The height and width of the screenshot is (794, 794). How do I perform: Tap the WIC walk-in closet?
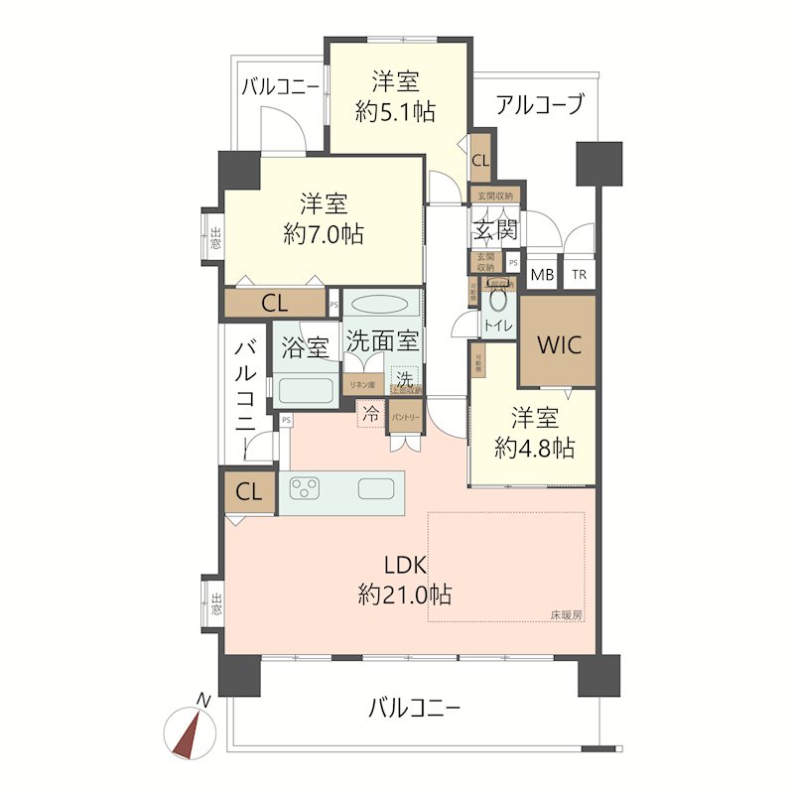pos(558,344)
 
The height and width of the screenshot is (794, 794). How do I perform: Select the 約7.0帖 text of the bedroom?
pos(323,235)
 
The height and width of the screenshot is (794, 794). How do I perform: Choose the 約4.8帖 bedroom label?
pos(534,447)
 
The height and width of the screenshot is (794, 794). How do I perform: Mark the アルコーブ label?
pos(540,103)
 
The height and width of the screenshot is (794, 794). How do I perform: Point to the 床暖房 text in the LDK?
pos(567,615)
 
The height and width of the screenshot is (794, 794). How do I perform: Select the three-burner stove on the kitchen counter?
pos(305,487)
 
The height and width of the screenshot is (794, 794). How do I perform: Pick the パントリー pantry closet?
pos(405,417)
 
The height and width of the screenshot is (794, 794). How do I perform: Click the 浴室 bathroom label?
pos(305,348)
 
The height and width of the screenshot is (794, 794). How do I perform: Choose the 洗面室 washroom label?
pos(381,339)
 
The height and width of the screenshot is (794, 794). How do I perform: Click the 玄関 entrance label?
pos(493,232)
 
